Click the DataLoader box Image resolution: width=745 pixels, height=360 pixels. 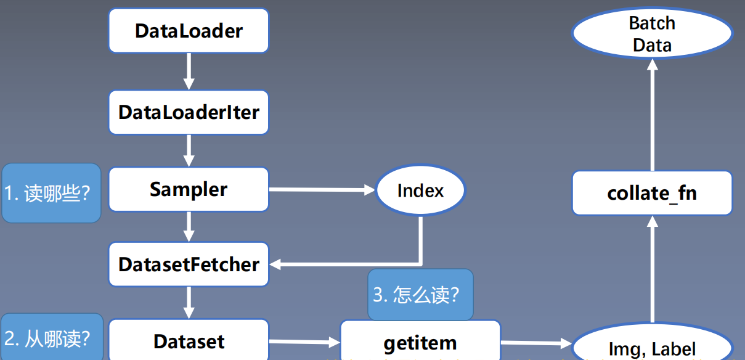pyautogui.click(x=189, y=31)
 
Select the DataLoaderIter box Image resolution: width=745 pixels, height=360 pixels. pyautogui.click(x=189, y=112)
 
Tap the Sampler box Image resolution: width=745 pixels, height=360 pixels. pyautogui.click(x=189, y=189)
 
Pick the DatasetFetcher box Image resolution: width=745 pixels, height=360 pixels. pyautogui.click(x=189, y=264)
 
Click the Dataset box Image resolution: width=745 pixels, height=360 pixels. pyautogui.click(x=189, y=341)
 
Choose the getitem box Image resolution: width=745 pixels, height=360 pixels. pyautogui.click(x=420, y=343)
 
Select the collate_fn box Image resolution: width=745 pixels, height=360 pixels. pyautogui.click(x=652, y=193)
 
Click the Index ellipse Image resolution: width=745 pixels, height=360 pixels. pyautogui.click(x=420, y=190)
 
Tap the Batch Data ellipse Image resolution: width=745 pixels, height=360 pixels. pyautogui.click(x=652, y=34)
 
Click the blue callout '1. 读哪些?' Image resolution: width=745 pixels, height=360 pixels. pyautogui.click(x=51, y=193)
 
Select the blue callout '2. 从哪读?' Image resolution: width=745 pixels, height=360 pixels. pyautogui.click(x=51, y=338)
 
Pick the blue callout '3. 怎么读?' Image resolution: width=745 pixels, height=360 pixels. pyautogui.click(x=420, y=295)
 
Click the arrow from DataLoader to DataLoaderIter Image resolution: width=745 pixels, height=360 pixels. pyautogui.click(x=189, y=72)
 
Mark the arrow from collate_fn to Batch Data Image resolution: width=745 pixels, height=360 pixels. pyautogui.click(x=652, y=114)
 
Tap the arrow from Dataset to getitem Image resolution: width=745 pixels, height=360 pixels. pyautogui.click(x=304, y=342)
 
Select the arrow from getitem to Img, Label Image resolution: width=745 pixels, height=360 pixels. pyautogui.click(x=536, y=343)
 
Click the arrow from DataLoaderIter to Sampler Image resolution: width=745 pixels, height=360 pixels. pyautogui.click(x=189, y=150)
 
